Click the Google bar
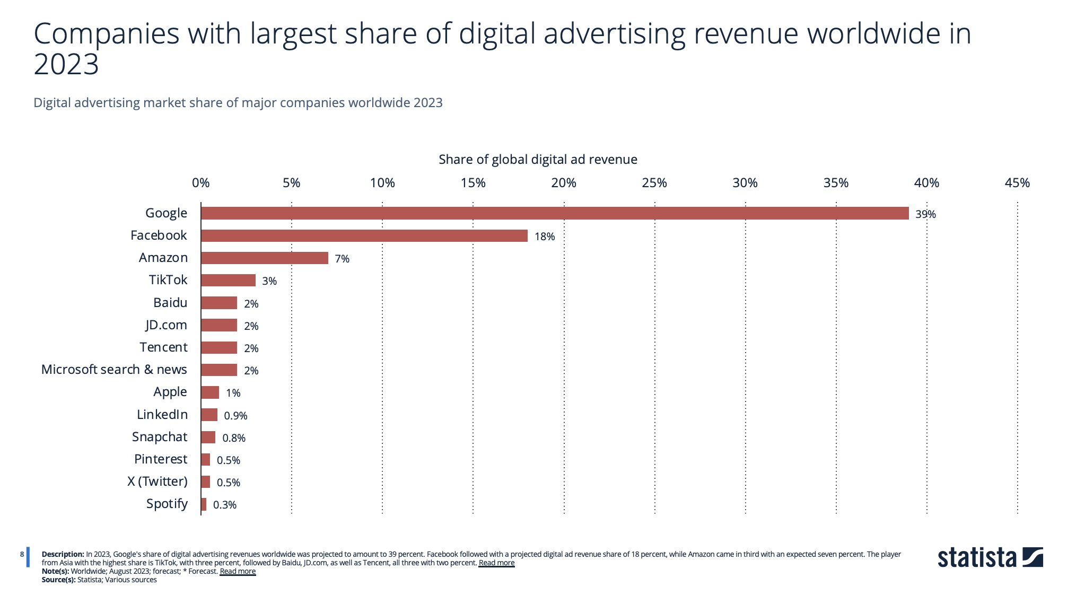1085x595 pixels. tap(554, 213)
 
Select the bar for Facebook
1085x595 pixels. tap(364, 235)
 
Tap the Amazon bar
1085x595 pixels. tap(264, 258)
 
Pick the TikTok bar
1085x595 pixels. tap(228, 280)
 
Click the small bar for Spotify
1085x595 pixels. tap(204, 504)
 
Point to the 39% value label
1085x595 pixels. tap(925, 214)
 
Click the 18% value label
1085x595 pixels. tap(544, 237)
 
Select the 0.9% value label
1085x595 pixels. tap(235, 416)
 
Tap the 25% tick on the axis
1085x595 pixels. tap(654, 183)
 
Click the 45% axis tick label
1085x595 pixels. tap(1017, 183)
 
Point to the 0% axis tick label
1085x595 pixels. tap(200, 183)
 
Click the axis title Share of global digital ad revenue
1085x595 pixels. tap(538, 160)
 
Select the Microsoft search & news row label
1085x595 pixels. tap(114, 370)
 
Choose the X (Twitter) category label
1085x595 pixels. tap(157, 482)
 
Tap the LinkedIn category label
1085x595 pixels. tap(162, 415)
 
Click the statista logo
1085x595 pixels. tap(990, 558)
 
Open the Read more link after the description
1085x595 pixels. tap(496, 563)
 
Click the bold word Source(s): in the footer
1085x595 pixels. tap(58, 580)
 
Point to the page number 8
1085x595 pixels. tap(22, 554)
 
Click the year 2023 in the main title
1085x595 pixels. tap(66, 65)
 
